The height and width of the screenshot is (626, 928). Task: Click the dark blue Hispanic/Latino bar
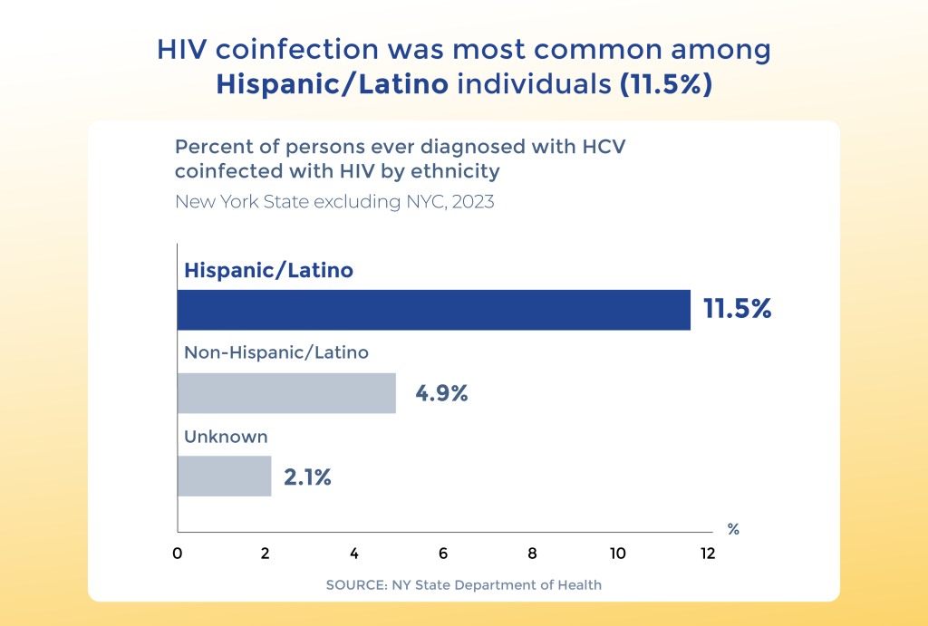pyautogui.click(x=434, y=310)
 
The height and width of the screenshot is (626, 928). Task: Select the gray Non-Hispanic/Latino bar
pyautogui.click(x=286, y=393)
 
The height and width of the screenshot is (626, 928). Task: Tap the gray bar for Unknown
pyautogui.click(x=225, y=477)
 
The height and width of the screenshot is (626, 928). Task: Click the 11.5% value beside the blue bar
pyautogui.click(x=738, y=309)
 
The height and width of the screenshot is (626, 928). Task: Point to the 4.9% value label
pyautogui.click(x=441, y=393)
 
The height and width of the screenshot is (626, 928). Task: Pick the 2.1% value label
pyautogui.click(x=307, y=477)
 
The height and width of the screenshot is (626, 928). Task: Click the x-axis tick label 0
pyautogui.click(x=178, y=554)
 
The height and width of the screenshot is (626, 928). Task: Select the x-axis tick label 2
pyautogui.click(x=266, y=554)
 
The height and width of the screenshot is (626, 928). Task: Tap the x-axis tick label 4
pyautogui.click(x=354, y=554)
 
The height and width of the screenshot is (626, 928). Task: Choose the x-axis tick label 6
pyautogui.click(x=442, y=554)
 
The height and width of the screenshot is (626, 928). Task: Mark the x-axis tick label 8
pyautogui.click(x=532, y=554)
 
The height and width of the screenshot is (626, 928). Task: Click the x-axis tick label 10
pyautogui.click(x=618, y=554)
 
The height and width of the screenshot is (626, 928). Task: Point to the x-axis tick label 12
pyautogui.click(x=708, y=554)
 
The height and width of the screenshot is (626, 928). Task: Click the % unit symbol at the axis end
pyautogui.click(x=733, y=530)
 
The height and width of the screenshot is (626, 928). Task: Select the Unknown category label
pyautogui.click(x=226, y=437)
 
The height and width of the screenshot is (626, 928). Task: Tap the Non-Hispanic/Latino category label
pyautogui.click(x=276, y=352)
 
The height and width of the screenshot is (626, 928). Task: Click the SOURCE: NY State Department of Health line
pyautogui.click(x=464, y=585)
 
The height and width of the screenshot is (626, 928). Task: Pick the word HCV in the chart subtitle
pyautogui.click(x=604, y=147)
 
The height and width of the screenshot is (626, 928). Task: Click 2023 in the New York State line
pyautogui.click(x=473, y=202)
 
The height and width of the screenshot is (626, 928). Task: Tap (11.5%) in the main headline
pyautogui.click(x=666, y=84)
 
